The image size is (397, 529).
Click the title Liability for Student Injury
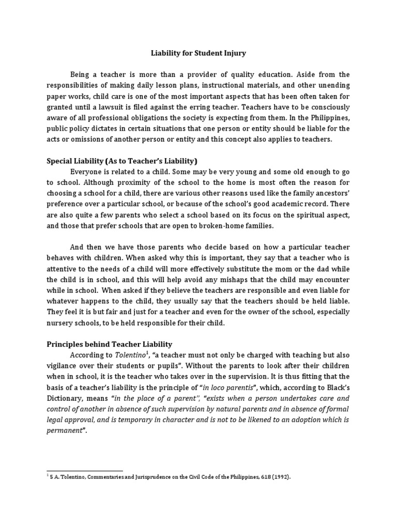pos(198,52)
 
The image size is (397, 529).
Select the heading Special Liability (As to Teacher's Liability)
pos(122,161)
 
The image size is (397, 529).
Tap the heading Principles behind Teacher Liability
pos(110,344)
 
